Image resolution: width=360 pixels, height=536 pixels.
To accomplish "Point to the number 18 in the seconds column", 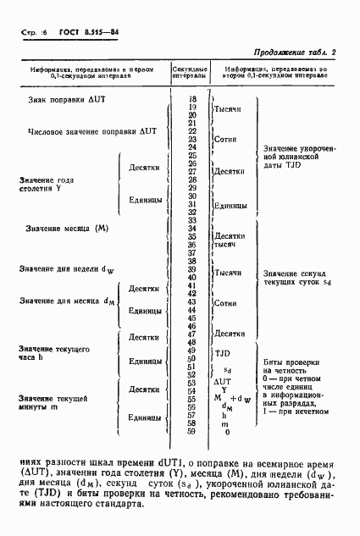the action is [x=192, y=100].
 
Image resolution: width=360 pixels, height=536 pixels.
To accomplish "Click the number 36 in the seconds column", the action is [x=192, y=245].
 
